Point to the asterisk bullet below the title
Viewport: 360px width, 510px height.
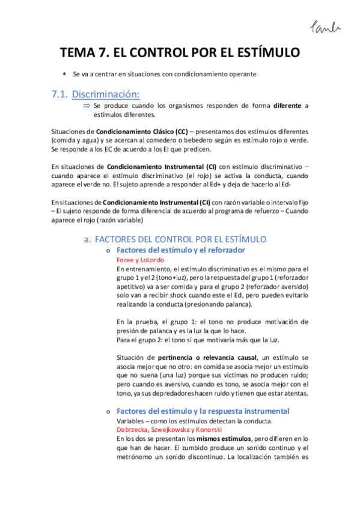click(x=64, y=74)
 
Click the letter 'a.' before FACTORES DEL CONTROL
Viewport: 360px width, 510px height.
click(x=88, y=239)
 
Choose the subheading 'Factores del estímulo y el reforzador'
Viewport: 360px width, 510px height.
click(x=180, y=250)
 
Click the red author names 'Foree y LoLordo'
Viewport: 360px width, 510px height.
click(x=140, y=259)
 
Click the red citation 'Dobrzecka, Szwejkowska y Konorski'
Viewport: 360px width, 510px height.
click(x=169, y=430)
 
